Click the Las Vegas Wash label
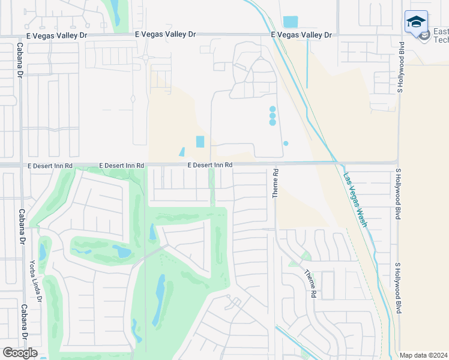(x=355, y=200)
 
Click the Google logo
(x=20, y=353)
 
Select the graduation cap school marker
(x=416, y=23)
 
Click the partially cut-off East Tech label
(x=440, y=35)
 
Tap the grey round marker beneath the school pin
(x=424, y=36)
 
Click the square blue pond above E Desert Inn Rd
(x=200, y=142)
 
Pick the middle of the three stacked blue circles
(x=273, y=116)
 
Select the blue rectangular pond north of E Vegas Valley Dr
(x=290, y=22)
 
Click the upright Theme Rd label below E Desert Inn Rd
(x=276, y=184)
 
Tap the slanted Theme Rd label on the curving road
(x=310, y=284)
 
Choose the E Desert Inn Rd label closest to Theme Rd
(x=209, y=164)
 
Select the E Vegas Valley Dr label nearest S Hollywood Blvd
(x=301, y=35)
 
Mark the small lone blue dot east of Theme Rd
(x=286, y=143)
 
